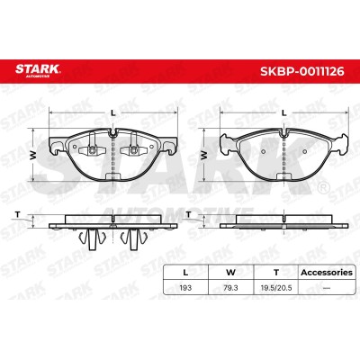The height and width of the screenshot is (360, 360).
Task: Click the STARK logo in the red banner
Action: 38,70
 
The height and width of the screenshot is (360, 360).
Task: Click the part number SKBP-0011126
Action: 301,71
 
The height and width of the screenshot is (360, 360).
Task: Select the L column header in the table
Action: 185,273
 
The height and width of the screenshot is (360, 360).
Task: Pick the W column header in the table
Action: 230,273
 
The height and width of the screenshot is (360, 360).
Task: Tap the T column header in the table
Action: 276,273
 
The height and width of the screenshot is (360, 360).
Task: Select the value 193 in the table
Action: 185,288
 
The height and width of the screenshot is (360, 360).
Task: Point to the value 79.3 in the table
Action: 230,288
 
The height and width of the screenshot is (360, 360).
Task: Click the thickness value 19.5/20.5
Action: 276,288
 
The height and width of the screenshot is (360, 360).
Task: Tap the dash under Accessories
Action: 327,288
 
